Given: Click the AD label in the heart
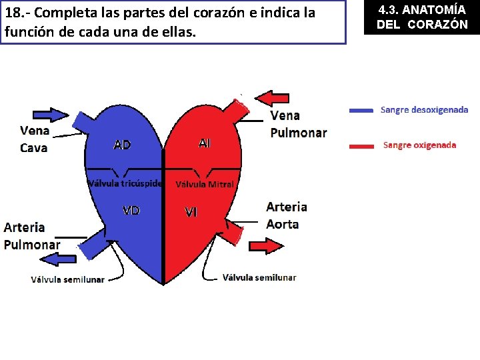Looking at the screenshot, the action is point(122,145).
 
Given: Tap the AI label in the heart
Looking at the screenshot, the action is point(204,143).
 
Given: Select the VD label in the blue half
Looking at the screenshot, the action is point(131,211).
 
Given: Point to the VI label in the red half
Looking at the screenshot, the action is point(191,213).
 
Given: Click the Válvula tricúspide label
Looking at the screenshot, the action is point(125,183).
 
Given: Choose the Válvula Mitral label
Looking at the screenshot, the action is point(205,184).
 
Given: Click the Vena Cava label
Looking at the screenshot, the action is point(34,139).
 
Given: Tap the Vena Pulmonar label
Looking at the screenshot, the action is point(298,125).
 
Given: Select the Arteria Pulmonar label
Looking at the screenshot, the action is point(32,235).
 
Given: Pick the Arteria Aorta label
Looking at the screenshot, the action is point(287,215).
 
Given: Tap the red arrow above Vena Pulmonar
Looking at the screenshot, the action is point(273,99).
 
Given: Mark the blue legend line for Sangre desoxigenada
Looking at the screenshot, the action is point(361,111).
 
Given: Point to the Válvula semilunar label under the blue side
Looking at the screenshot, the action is point(68,279).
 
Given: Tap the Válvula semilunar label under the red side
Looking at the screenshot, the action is point(259,277).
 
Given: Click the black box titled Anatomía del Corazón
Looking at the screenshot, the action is point(422,17).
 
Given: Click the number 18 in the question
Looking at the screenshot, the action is point(12,13).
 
